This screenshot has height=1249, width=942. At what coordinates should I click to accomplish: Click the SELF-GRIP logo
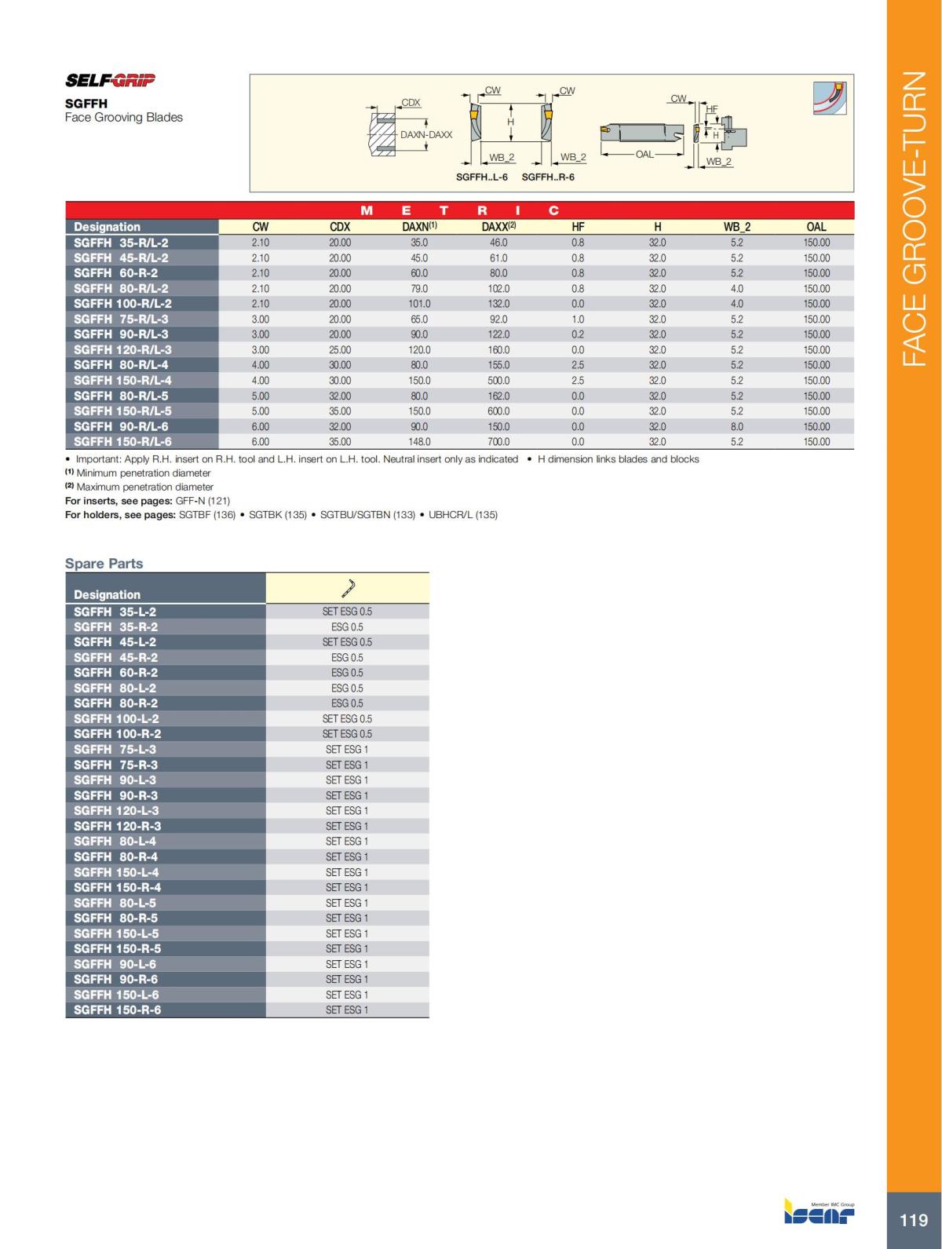(110, 80)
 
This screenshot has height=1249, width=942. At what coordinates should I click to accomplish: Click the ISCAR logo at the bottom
(820, 1214)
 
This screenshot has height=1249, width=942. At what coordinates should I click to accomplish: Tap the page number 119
(913, 1220)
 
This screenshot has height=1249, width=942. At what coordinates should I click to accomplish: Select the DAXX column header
(498, 227)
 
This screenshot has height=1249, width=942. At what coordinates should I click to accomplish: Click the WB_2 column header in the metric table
(736, 227)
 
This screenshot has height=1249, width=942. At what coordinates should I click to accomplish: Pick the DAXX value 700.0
(498, 442)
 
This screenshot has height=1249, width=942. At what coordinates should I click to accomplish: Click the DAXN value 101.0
(419, 304)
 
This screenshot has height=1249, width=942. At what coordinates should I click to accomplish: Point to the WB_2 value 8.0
(736, 427)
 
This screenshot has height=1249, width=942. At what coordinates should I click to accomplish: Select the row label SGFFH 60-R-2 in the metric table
(115, 273)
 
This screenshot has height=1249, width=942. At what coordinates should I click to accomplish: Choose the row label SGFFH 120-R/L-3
(122, 350)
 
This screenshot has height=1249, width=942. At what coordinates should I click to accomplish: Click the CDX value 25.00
(340, 350)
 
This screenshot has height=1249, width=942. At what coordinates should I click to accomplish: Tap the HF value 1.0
(578, 320)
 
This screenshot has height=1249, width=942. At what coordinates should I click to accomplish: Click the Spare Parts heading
(104, 564)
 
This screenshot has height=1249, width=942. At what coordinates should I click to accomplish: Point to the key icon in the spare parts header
(348, 587)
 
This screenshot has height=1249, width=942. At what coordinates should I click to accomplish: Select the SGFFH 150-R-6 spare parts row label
(117, 1010)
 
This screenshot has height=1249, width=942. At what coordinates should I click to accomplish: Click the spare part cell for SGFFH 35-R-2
(347, 627)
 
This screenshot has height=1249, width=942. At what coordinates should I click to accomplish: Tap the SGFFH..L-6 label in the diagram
(482, 177)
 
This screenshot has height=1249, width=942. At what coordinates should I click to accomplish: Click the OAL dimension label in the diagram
(644, 155)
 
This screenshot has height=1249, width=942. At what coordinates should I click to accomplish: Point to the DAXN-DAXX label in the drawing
(426, 134)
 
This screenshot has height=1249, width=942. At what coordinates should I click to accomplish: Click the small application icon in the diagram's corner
(830, 98)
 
